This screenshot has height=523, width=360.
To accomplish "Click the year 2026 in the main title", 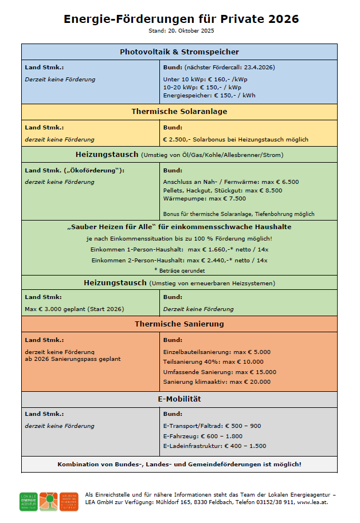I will tap(283, 19).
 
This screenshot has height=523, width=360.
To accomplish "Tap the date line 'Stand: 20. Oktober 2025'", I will tap(180, 30).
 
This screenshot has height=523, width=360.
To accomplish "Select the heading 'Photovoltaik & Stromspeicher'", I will tap(179, 52).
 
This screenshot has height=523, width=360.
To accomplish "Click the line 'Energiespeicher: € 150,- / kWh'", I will tap(209, 95).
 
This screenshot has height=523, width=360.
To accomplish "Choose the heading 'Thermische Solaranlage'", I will tap(179, 112).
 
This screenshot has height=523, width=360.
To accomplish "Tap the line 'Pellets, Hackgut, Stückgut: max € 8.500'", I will tap(222, 190).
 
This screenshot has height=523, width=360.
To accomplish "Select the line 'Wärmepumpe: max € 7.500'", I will tap(204, 198).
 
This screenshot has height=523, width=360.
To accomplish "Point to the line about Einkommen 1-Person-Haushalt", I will tap(179, 249).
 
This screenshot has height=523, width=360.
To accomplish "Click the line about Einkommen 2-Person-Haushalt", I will tap(179, 260).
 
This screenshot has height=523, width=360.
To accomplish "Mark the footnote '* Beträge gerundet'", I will tap(179, 269).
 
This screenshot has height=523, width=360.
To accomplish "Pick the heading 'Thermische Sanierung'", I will tap(179, 324).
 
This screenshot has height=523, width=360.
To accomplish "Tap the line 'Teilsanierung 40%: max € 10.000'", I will tap(213, 361).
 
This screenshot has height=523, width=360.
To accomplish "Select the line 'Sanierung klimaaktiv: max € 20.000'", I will tap(217, 382).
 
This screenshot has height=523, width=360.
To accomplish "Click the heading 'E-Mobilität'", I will tap(179, 399).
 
